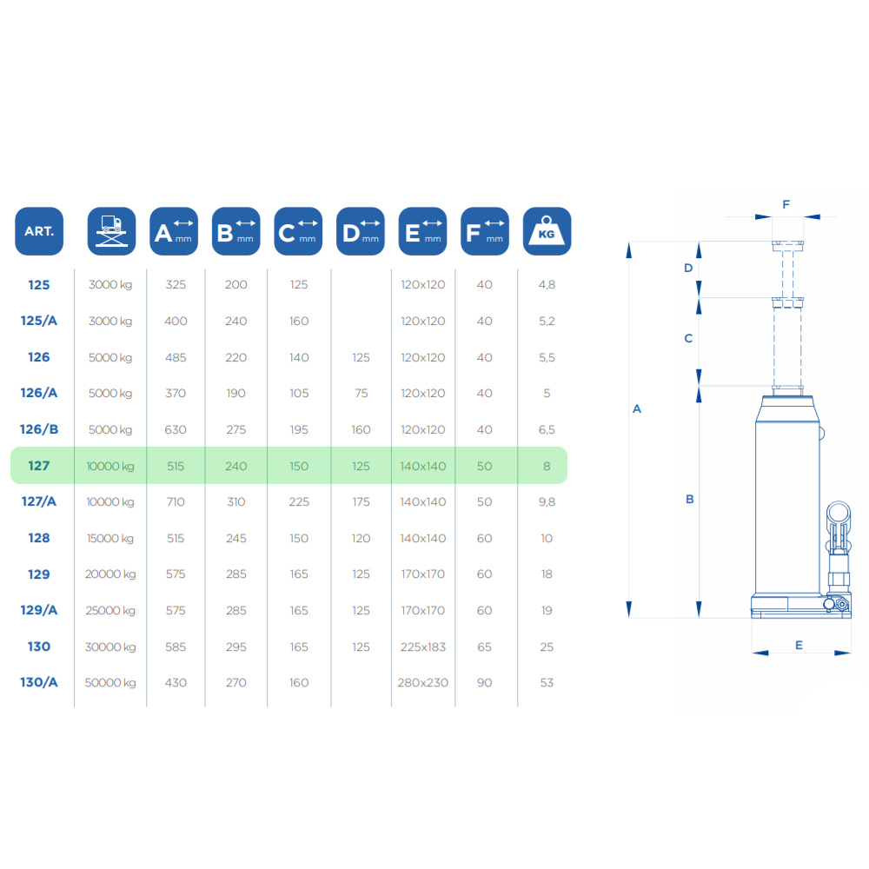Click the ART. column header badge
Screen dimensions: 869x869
(x=39, y=231)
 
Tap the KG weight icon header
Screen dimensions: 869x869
(x=547, y=231)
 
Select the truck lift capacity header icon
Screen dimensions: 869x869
(x=111, y=231)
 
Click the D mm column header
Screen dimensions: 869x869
(x=361, y=231)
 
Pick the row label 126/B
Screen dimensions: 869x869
(x=39, y=429)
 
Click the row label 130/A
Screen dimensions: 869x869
(x=39, y=682)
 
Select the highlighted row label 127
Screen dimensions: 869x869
(x=39, y=466)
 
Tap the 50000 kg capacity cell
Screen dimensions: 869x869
(x=110, y=683)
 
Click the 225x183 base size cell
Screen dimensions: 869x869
(x=423, y=647)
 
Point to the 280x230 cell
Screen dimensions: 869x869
(x=423, y=683)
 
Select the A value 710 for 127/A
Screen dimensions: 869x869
(x=176, y=502)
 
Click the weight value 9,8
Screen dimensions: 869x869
(x=547, y=502)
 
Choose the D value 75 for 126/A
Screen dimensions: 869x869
(x=361, y=394)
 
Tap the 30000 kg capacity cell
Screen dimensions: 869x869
(x=110, y=647)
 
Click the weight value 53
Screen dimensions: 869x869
(x=547, y=683)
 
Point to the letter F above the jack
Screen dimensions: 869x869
(x=786, y=204)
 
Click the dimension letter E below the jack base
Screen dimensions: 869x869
(x=799, y=645)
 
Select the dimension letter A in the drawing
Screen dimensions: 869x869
(x=637, y=409)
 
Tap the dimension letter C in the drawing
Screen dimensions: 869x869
(x=688, y=338)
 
